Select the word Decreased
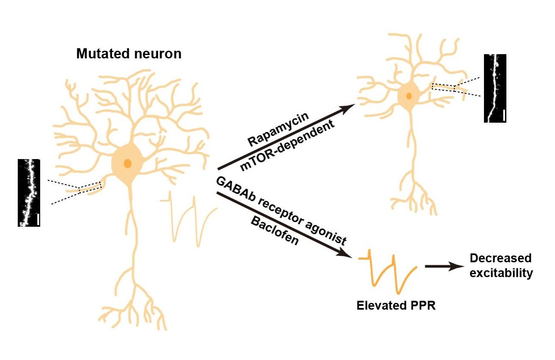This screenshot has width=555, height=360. click(x=500, y=258)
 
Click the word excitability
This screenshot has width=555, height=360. click(x=501, y=273)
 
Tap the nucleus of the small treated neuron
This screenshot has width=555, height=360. click(x=409, y=96)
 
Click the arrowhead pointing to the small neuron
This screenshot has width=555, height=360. click(x=348, y=108)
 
